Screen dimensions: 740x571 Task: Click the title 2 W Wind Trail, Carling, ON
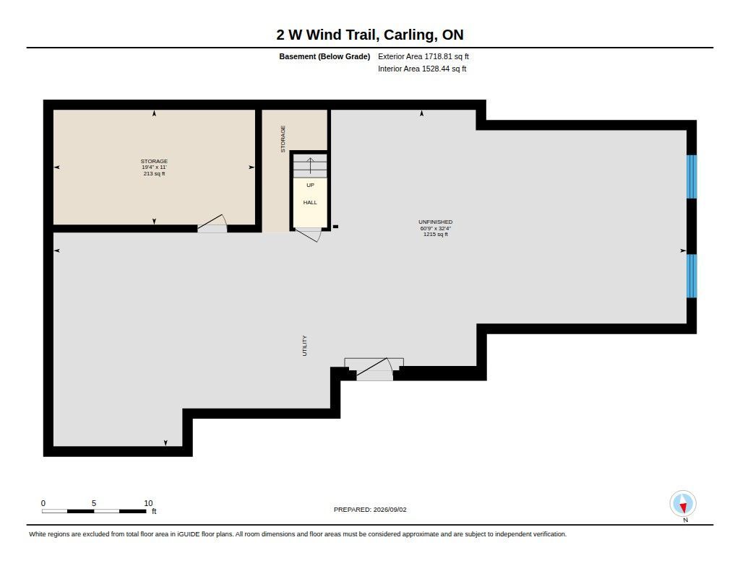[370, 35]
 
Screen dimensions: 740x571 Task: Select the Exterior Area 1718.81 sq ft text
[423, 56]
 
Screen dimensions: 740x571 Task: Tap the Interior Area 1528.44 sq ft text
[422, 69]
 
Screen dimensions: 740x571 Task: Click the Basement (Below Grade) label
[324, 56]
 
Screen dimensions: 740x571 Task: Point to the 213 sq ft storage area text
[155, 173]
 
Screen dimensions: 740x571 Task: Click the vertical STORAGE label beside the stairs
[283, 139]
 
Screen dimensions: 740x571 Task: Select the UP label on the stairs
[310, 186]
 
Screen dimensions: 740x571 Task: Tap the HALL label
[310, 202]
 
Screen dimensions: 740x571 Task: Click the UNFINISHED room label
[435, 222]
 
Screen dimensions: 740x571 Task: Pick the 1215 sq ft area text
[436, 235]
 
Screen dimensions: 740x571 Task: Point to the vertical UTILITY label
[304, 346]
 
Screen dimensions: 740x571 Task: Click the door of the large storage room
[212, 224]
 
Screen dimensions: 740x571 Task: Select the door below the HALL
[308, 235]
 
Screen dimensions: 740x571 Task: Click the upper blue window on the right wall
[692, 177]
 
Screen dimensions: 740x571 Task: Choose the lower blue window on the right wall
[692, 276]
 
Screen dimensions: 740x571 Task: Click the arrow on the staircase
[310, 165]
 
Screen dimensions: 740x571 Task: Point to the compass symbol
[683, 504]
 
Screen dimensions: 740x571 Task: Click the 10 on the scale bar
[148, 503]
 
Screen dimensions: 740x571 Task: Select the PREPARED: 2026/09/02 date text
[370, 510]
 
